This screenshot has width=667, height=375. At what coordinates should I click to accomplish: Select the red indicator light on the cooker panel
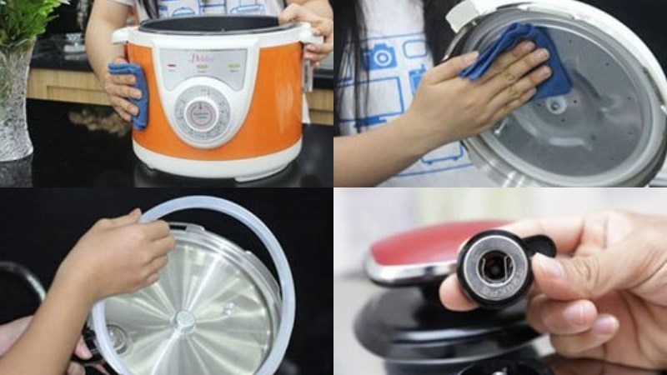(172, 64)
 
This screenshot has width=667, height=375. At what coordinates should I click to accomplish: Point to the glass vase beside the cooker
(14, 108)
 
